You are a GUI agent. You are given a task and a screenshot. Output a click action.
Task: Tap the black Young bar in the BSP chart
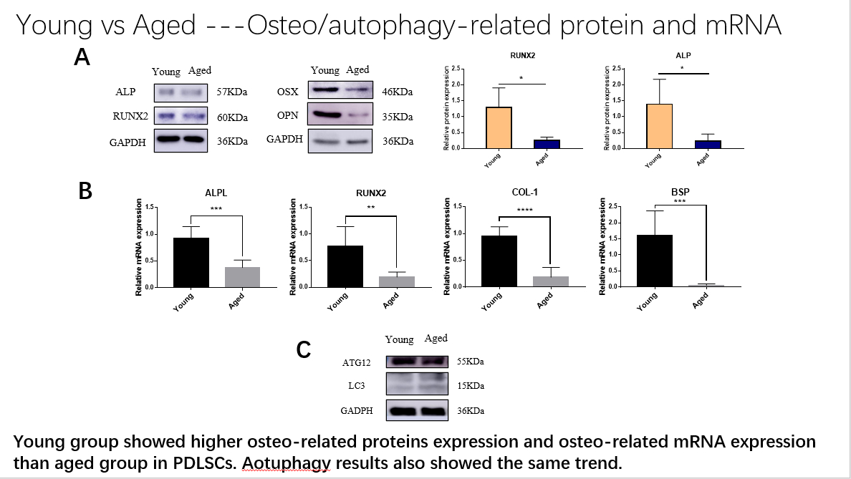click(654, 260)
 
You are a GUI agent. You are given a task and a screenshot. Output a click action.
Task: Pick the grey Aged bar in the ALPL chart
click(243, 276)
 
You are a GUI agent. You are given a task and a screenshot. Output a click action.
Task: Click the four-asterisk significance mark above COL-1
click(525, 210)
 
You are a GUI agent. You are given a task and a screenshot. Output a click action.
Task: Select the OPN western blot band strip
click(340, 115)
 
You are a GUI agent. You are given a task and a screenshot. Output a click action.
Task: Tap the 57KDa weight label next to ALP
click(232, 92)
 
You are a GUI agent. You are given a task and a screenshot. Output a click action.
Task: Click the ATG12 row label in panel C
click(356, 363)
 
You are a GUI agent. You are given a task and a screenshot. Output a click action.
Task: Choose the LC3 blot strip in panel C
click(417, 386)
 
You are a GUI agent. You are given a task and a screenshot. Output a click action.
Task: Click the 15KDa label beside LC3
click(471, 386)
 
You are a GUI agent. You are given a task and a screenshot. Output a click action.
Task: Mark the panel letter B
click(85, 191)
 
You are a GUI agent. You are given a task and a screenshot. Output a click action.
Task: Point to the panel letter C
click(304, 349)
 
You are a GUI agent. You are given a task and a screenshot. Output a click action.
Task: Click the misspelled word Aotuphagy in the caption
click(300, 463)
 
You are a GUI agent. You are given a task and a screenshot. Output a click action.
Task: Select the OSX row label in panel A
click(287, 92)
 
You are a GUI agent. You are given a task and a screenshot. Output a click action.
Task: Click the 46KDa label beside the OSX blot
click(398, 92)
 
